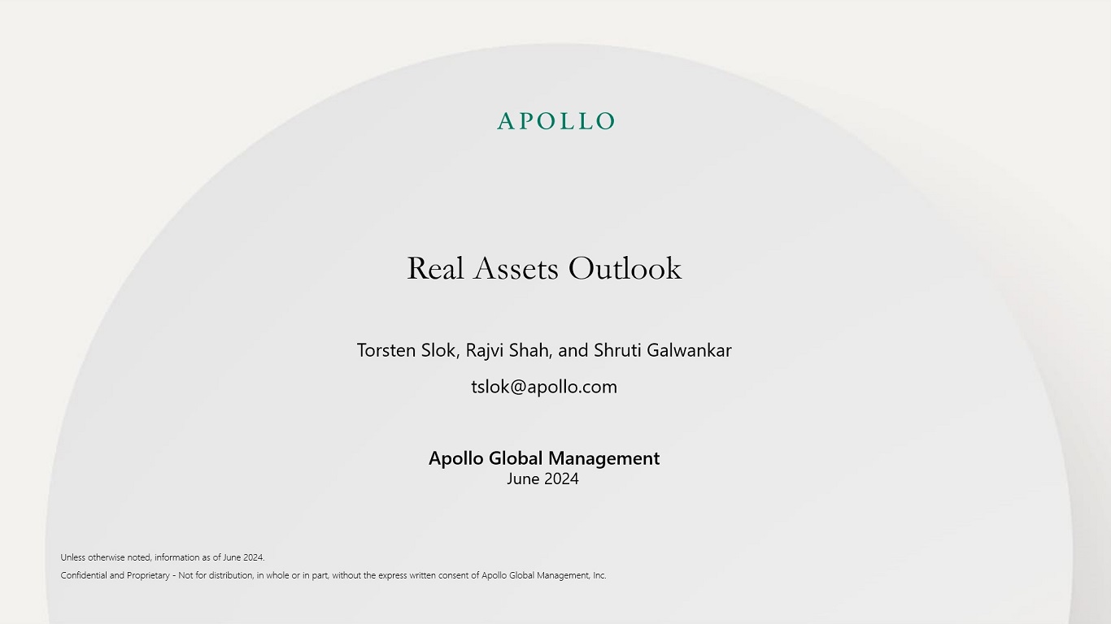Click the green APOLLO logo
point(555,121)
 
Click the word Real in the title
point(435,269)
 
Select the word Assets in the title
point(516,269)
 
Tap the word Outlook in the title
point(625,269)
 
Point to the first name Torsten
point(386,350)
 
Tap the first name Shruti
point(617,350)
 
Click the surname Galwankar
point(689,350)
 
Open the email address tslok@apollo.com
point(544,387)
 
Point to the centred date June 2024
point(542,479)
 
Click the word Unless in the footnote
point(73,557)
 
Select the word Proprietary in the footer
point(148,576)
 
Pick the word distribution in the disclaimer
point(231,575)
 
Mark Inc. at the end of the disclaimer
point(599,575)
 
